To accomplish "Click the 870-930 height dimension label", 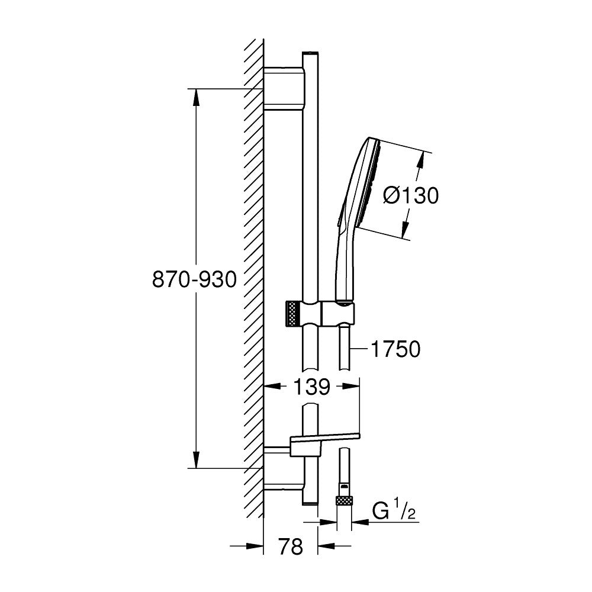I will point(195,279).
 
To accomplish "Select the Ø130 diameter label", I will point(411,195).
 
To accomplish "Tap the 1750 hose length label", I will point(395,350).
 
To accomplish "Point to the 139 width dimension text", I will point(311,387).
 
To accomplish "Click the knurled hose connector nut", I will point(343,500).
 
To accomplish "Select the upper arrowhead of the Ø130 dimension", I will point(423,159).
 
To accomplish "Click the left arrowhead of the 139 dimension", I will point(270,387).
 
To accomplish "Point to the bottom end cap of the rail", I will point(311,503).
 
